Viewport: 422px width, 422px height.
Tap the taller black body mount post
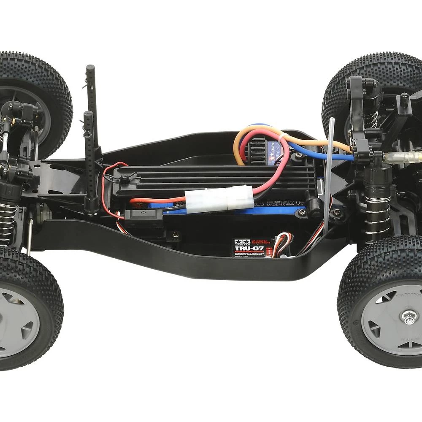pyautogui.click(x=92, y=105)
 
